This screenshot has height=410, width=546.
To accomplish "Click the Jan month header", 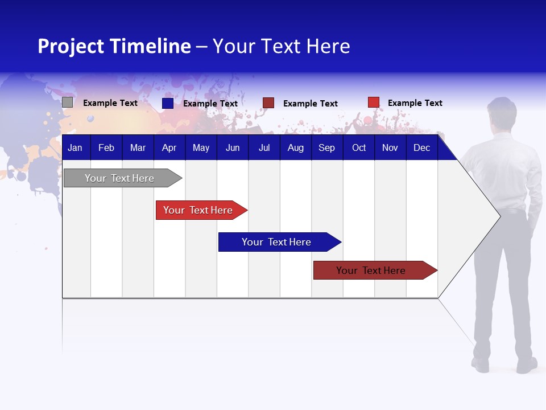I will click(75, 148).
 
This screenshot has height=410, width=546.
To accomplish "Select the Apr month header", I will click(169, 148).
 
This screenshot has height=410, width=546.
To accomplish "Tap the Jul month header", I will click(264, 148).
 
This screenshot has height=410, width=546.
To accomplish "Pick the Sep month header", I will click(326, 148).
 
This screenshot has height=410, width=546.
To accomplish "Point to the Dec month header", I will click(421, 148).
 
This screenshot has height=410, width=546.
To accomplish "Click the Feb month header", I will click(106, 148).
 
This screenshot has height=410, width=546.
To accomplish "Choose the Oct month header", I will click(359, 148).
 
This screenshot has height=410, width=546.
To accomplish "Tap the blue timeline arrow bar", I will click(277, 242).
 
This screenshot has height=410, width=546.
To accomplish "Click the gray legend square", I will click(67, 102).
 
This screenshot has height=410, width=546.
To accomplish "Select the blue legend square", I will click(168, 103).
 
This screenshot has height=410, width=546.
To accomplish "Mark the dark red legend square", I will click(268, 102).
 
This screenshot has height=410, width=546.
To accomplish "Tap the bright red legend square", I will click(374, 102).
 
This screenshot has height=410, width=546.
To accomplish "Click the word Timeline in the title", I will click(151, 46).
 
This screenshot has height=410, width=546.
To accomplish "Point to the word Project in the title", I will click(70, 46).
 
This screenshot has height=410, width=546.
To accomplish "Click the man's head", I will click(502, 113).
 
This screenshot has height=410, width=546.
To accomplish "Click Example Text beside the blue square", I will click(210, 104).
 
